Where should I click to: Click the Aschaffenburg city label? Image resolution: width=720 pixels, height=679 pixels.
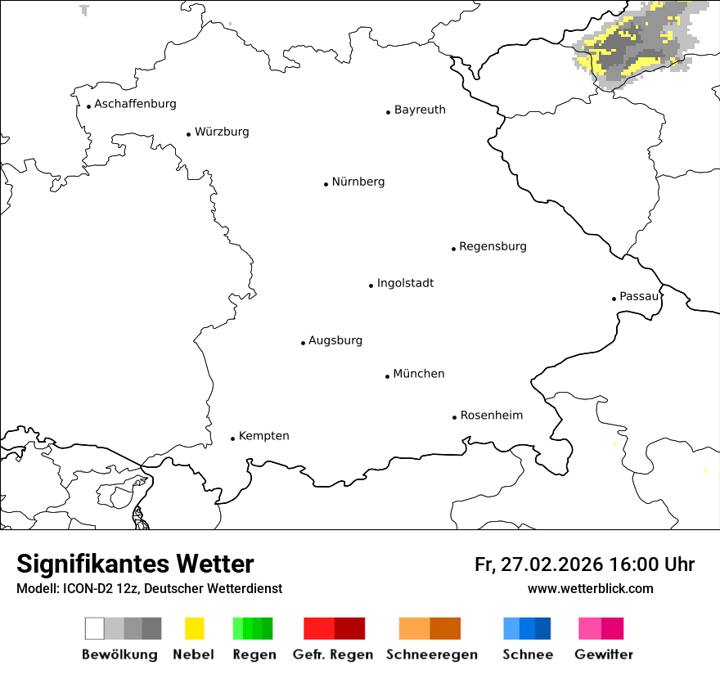[135, 104]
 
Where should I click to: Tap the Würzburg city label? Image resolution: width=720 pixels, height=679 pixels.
[222, 132]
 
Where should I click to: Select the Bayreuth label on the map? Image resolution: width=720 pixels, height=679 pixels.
[420, 110]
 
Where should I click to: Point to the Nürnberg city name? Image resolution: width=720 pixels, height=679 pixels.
[358, 182]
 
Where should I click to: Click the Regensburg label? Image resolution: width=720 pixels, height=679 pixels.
[493, 246]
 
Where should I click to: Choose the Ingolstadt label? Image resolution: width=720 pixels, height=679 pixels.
[405, 283]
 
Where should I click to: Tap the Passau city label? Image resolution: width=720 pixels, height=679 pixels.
[639, 296]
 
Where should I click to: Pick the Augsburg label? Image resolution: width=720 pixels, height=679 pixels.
[335, 340]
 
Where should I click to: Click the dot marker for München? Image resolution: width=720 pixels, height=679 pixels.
[387, 376]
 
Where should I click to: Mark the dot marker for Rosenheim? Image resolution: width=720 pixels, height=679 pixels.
[454, 417]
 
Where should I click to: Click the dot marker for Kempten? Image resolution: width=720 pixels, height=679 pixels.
[232, 438]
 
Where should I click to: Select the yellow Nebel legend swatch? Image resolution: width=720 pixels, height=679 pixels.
[195, 628]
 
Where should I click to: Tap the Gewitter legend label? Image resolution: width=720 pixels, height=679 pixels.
[603, 654]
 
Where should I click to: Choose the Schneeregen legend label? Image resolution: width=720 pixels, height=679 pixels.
[432, 654]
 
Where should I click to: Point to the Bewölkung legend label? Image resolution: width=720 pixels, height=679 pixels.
[119, 654]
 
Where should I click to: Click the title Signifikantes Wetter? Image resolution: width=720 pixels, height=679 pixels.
[135, 564]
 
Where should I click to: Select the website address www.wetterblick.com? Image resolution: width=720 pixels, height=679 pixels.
[590, 589]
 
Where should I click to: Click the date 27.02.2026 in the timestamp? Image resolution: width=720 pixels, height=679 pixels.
[549, 564]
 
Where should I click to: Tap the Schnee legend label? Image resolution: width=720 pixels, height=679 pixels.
[527, 654]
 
